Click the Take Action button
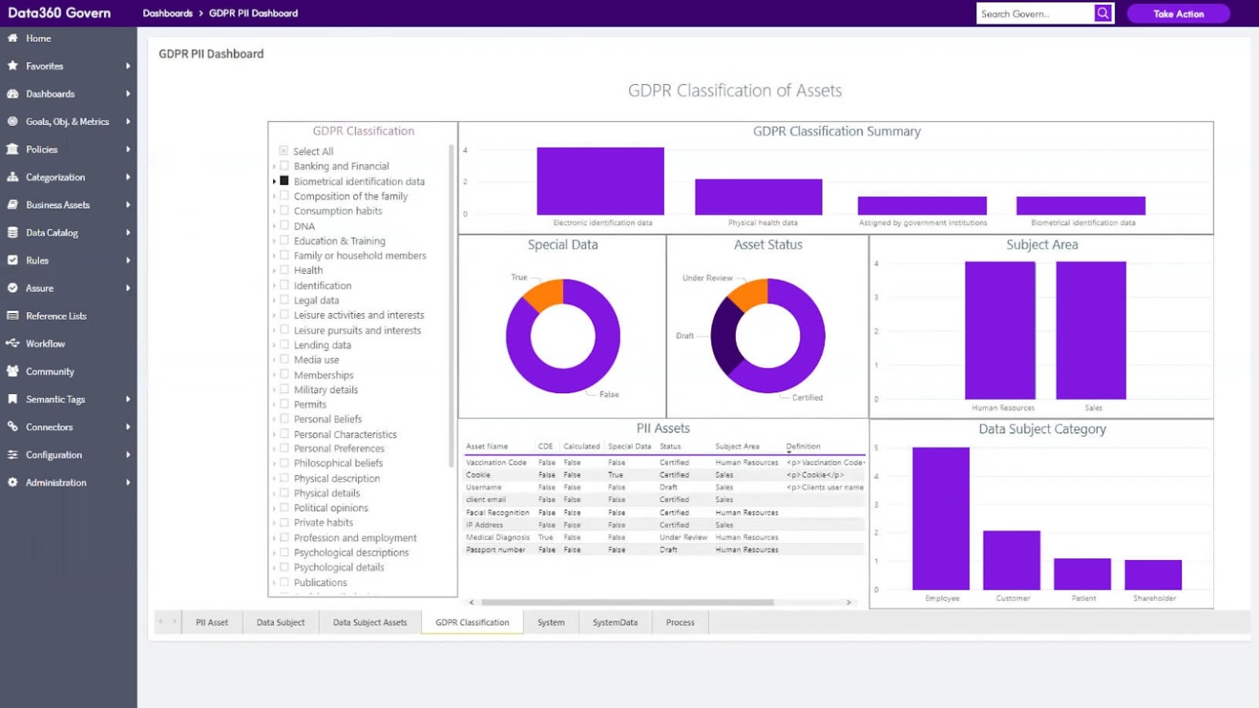pos(1177,14)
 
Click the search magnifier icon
pos(1103,13)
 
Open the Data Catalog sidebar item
pos(52,233)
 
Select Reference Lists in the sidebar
pos(56,316)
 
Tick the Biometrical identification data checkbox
pos(285,181)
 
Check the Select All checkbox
pos(284,151)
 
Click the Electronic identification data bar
pos(600,181)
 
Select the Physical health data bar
pos(758,197)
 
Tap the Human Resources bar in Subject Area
pos(1000,330)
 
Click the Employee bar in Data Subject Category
pos(941,518)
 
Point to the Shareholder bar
pos(1153,575)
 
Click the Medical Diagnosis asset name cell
pos(497,538)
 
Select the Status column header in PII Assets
pos(670,446)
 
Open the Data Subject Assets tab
pos(370,623)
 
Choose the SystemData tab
pos(615,623)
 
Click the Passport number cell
pos(495,550)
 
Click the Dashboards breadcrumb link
pos(168,14)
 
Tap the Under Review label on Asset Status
pos(707,278)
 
